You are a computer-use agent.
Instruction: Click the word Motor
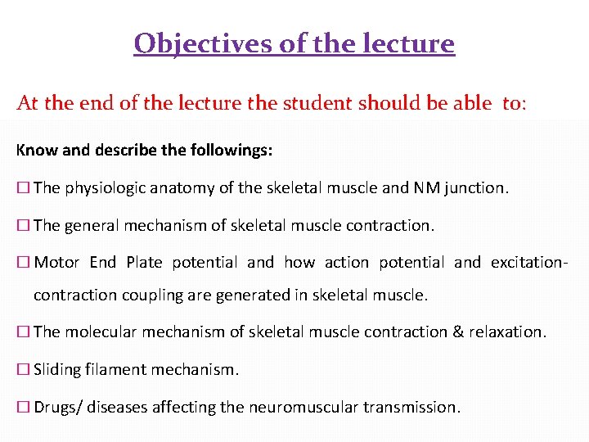point(56,263)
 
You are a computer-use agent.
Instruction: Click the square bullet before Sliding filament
point(23,369)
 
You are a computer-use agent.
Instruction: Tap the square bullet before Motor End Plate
point(23,263)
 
